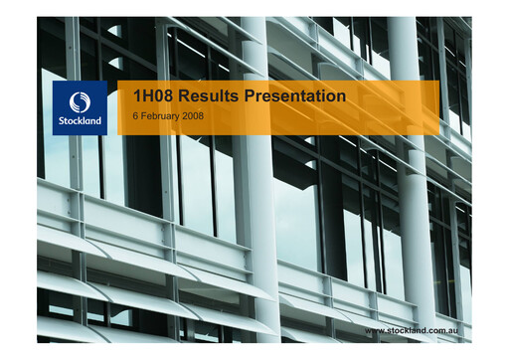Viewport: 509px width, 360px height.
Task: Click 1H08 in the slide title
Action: click(152, 96)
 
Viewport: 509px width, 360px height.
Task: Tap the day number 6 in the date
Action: click(136, 117)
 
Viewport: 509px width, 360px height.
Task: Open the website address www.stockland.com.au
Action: click(418, 329)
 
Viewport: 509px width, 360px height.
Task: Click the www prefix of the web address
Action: click(376, 329)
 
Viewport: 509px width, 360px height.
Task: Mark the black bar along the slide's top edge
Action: click(254, 8)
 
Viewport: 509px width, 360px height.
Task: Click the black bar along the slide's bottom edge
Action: click(254, 350)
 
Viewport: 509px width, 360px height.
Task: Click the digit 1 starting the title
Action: click(137, 96)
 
